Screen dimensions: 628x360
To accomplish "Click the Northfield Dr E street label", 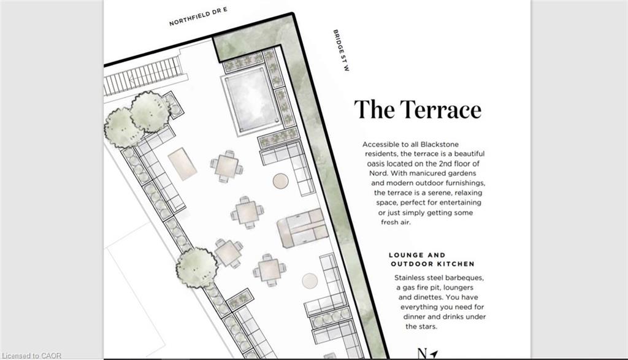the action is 198,17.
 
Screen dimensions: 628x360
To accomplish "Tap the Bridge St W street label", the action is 341,50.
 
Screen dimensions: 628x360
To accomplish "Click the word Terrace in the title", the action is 440,109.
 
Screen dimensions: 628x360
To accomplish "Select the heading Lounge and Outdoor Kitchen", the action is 432,259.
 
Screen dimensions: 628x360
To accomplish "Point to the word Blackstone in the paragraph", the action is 439,144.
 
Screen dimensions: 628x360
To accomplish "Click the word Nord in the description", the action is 378,174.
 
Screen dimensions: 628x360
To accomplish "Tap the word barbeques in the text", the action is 465,277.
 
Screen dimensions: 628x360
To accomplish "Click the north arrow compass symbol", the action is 427,354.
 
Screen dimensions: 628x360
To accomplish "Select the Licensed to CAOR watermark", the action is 31,356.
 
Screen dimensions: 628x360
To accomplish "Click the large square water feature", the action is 251,100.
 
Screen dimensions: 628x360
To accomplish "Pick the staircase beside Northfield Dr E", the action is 143,75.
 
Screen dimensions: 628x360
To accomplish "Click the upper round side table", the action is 281,181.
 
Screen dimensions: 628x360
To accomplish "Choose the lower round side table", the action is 310,281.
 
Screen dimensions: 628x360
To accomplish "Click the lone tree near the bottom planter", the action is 196,267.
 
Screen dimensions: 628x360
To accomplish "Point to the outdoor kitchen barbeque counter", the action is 303,228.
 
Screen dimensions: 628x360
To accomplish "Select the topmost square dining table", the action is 227,166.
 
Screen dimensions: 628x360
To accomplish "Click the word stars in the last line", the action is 427,326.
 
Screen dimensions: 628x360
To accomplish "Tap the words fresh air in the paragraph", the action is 396,222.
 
